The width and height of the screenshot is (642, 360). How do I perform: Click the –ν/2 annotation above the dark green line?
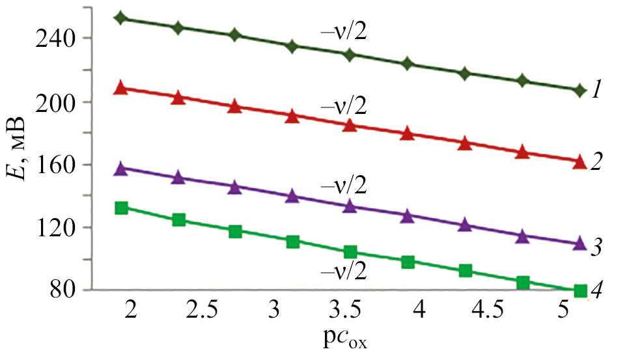tap(342, 31)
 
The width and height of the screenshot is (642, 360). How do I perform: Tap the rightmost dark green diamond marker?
tap(579, 90)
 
